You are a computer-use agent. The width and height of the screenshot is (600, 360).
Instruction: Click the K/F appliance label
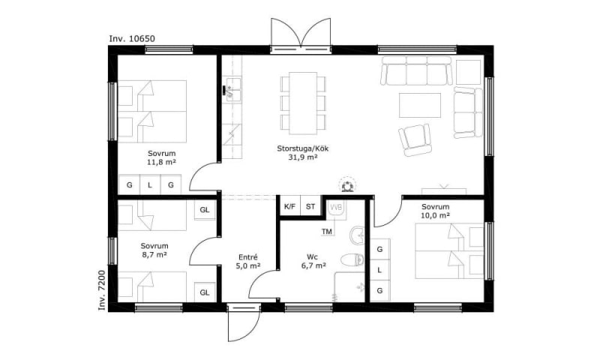click(289, 206)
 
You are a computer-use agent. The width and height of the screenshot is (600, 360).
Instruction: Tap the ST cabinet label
click(310, 206)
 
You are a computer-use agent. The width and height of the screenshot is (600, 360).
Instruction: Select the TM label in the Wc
click(327, 232)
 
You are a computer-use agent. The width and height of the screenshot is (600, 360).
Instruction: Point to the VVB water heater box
click(336, 210)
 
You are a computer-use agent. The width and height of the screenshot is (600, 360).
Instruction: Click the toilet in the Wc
click(352, 259)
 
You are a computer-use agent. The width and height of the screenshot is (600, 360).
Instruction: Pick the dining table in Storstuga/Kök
click(303, 103)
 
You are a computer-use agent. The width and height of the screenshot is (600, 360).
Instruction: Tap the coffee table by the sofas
click(420, 105)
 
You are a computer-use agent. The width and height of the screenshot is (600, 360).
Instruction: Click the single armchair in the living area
click(415, 140)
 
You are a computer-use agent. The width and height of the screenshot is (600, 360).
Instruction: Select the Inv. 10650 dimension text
click(132, 39)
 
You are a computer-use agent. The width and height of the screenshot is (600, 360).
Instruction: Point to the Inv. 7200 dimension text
click(101, 290)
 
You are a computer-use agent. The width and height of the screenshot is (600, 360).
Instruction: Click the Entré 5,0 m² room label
click(248, 262)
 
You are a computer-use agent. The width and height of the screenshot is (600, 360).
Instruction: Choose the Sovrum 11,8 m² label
click(161, 157)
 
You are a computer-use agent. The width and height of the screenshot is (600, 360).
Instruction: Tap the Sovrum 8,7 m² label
click(154, 250)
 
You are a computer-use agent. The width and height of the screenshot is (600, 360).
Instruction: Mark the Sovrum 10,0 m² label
click(436, 211)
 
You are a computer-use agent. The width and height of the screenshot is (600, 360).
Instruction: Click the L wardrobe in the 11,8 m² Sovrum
click(150, 185)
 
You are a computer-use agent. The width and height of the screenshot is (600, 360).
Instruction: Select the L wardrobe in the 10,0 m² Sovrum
click(380, 270)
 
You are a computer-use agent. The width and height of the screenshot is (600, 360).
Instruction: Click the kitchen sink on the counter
click(232, 90)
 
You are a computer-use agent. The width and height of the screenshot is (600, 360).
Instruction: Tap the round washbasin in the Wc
click(358, 235)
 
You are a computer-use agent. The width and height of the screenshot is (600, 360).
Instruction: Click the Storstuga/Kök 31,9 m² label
click(303, 153)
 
